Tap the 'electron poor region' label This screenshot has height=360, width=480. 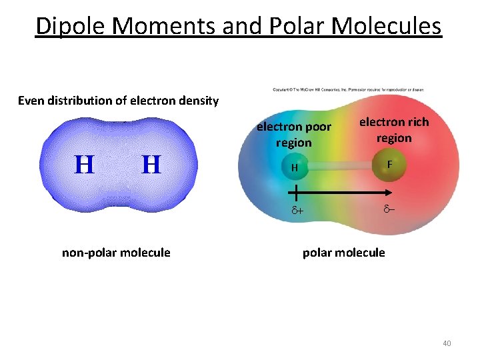293,135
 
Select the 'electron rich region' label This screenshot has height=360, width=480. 394,130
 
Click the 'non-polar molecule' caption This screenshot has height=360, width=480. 116,253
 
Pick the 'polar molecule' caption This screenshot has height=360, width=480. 343,253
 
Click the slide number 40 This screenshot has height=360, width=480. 446,343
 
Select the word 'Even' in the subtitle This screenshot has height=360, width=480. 31,101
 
